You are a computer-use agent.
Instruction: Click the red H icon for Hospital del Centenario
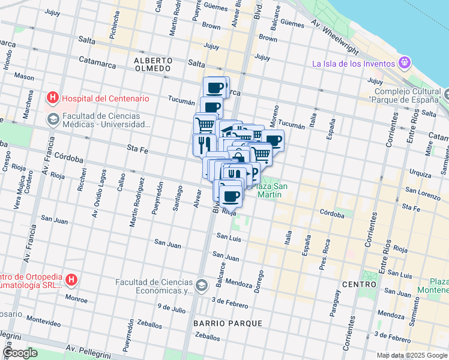53,98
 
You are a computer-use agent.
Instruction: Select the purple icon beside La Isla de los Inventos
405,62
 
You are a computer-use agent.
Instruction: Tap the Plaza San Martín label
270,190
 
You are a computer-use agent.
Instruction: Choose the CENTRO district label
359,283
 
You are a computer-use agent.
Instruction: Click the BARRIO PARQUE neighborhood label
228,323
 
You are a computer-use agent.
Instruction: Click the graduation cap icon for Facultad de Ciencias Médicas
53,118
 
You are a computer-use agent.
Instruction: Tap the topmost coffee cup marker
215,88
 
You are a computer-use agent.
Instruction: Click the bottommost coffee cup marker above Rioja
231,196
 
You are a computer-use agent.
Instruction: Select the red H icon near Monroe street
71,279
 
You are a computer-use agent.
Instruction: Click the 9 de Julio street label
172,308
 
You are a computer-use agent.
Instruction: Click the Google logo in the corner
20,352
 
